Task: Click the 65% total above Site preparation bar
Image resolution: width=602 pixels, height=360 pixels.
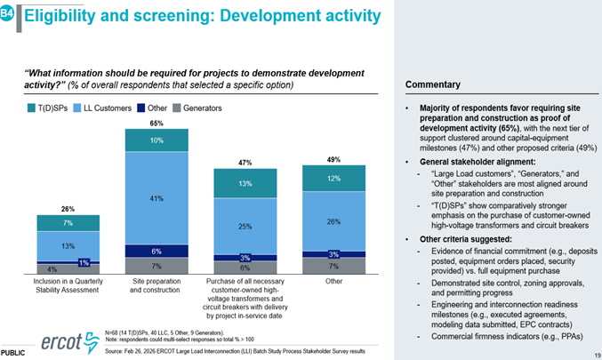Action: click(x=156, y=122)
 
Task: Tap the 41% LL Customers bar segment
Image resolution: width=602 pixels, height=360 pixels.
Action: click(x=156, y=197)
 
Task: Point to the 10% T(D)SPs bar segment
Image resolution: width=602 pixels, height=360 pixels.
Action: click(x=156, y=140)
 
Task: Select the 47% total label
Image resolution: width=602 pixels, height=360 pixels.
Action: click(x=245, y=163)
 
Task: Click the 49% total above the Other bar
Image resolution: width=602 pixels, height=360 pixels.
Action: click(x=333, y=160)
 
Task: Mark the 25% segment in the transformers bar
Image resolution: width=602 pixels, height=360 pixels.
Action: click(x=245, y=227)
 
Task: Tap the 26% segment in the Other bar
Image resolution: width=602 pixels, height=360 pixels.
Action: click(x=333, y=220)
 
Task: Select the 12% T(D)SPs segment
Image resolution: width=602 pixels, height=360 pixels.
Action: click(x=333, y=178)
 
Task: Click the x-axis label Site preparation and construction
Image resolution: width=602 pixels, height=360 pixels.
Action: click(x=156, y=285)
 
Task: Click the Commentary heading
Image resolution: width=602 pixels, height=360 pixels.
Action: click(x=434, y=84)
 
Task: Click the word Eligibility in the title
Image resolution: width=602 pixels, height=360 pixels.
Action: click(x=59, y=15)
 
